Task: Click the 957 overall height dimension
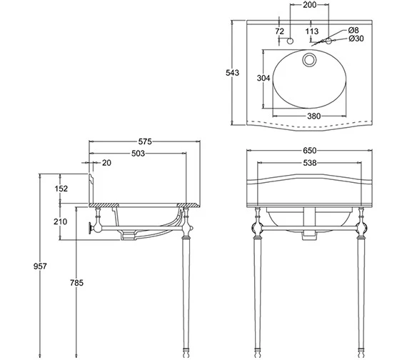tap(40, 266)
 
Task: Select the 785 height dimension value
tap(76, 283)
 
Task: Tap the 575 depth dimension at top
tap(144, 141)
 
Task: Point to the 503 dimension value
tap(138, 154)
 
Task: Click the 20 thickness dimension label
tap(106, 163)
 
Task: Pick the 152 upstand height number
tap(61, 189)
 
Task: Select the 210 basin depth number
tap(60, 221)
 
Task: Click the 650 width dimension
tap(310, 151)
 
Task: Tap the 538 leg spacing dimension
tap(310, 163)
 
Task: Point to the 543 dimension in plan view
tap(232, 73)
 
